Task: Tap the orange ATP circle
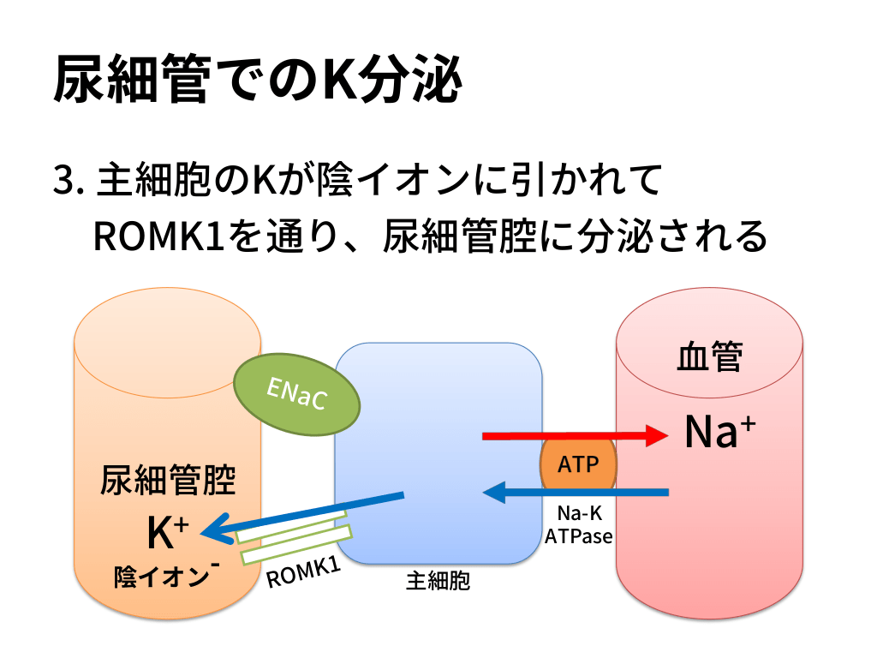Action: [578, 465]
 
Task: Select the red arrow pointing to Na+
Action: [574, 436]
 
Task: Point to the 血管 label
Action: [710, 357]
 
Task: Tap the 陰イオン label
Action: [163, 577]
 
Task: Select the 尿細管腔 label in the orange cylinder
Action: [168, 481]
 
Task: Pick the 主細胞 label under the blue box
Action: [438, 582]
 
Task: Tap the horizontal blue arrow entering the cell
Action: [574, 493]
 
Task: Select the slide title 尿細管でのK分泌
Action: [257, 81]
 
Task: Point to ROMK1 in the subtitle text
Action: [158, 236]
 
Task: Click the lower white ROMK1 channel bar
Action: [296, 544]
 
